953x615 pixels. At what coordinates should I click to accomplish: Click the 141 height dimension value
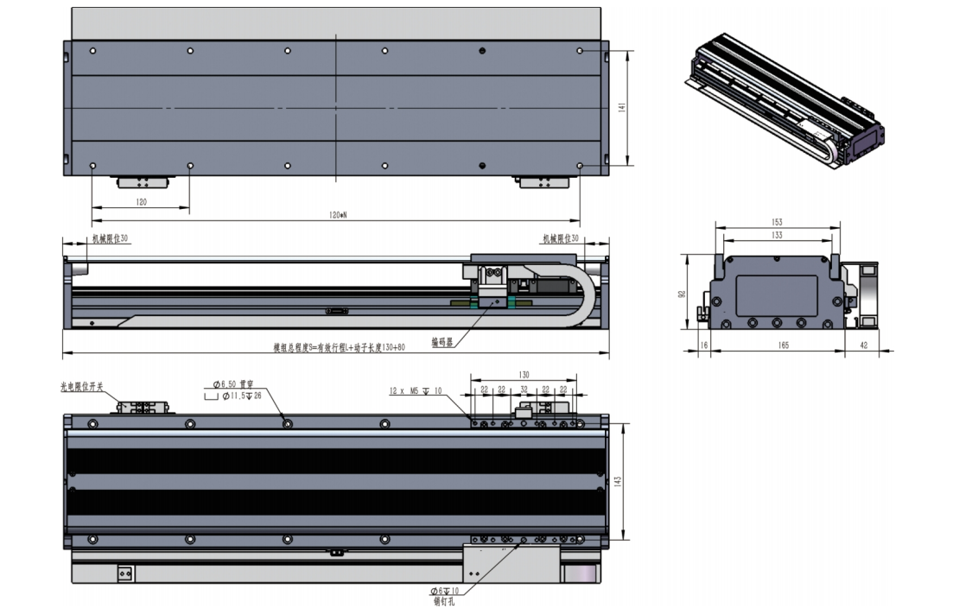pos(621,106)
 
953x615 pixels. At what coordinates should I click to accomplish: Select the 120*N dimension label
pos(337,215)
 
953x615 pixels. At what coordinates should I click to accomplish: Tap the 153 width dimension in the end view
pos(777,223)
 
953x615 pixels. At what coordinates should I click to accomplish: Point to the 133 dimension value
pos(777,235)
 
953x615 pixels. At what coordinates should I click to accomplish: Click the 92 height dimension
pos(681,293)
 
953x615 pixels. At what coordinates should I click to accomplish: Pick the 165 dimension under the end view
pos(783,345)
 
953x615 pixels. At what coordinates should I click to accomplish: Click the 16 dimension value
pos(703,345)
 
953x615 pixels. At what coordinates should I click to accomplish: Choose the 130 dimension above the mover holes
pos(524,375)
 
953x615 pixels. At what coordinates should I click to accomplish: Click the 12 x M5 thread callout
pos(416,391)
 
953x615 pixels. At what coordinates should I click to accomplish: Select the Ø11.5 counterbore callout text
pos(233,396)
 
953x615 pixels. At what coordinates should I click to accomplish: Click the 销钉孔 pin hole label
pos(443,601)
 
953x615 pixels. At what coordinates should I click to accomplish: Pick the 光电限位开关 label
pos(82,388)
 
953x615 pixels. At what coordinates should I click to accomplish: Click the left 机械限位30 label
pos(110,238)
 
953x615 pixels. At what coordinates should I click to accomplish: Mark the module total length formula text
pos(340,347)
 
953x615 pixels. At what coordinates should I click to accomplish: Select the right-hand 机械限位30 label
pos(561,238)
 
